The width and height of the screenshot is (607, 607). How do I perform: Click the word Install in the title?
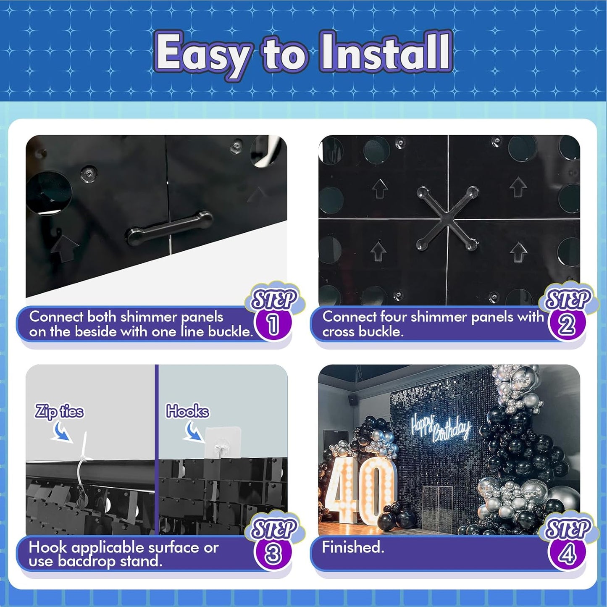click(x=385, y=53)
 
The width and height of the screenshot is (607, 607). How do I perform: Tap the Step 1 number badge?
click(x=273, y=324)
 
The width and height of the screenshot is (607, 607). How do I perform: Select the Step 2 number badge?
click(x=567, y=324)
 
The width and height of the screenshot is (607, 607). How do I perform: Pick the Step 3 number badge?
click(x=273, y=554)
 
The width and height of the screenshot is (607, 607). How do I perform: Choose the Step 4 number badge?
click(x=567, y=554)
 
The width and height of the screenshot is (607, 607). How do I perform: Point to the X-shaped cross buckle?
click(x=448, y=219)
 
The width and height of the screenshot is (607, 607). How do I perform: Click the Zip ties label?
click(x=59, y=411)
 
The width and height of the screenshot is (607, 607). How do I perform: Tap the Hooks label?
click(x=187, y=411)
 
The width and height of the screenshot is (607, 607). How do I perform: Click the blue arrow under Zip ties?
click(x=61, y=433)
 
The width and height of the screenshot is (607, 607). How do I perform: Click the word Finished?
click(x=353, y=547)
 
